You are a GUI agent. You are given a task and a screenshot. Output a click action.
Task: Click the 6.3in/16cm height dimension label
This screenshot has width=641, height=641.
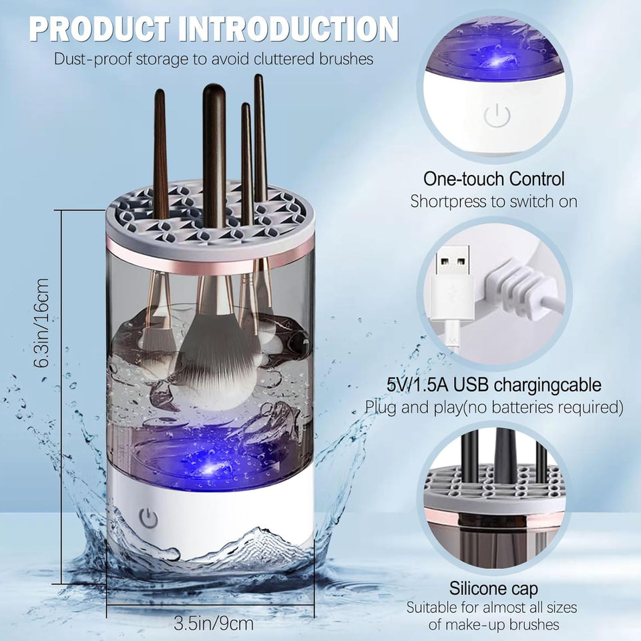pos(43,323)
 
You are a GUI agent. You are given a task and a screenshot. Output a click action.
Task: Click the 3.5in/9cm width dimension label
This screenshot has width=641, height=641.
pos(214,624)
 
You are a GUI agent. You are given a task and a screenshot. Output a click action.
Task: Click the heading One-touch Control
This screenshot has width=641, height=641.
pos(494,179)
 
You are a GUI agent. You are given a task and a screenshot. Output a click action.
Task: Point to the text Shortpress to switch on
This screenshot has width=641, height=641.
pos(494,201)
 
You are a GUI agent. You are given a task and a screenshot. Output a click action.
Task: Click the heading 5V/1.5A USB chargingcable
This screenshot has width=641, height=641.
pos(494,385)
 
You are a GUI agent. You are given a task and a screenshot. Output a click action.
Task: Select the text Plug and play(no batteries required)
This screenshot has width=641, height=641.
pos(494,407)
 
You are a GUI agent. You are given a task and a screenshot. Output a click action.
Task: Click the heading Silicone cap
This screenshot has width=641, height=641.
pos(494,589)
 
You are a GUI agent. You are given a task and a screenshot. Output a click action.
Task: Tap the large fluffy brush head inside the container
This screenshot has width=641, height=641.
pos(214,364)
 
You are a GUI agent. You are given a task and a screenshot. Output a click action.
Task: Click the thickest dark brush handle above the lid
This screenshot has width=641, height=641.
pos(214,140)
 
